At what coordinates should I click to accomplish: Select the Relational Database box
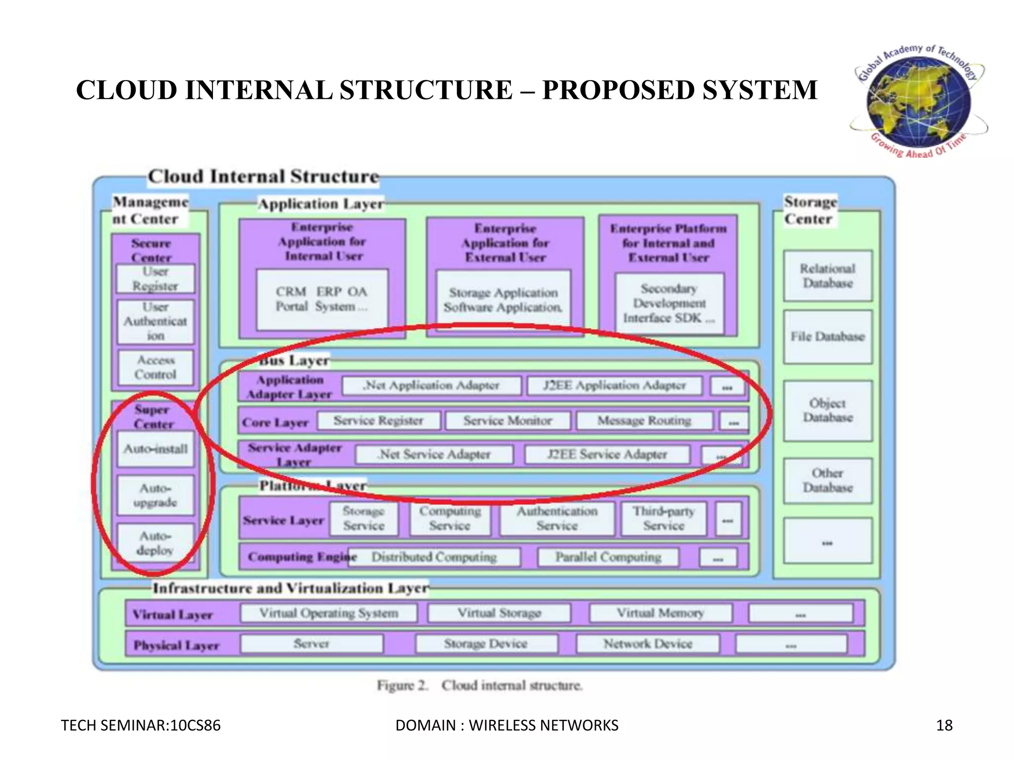pyautogui.click(x=827, y=276)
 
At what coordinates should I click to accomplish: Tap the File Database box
pyautogui.click(x=827, y=337)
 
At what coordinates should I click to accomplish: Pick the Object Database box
pyautogui.click(x=827, y=411)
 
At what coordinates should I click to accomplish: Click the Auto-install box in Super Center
pyautogui.click(x=155, y=449)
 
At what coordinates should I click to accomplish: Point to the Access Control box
pyautogui.click(x=155, y=367)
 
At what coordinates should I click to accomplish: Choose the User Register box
pyautogui.click(x=155, y=279)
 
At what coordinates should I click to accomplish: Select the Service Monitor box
pyautogui.click(x=507, y=421)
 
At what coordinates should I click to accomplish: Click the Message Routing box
pyautogui.click(x=644, y=421)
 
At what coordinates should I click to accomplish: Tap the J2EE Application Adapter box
pyautogui.click(x=614, y=385)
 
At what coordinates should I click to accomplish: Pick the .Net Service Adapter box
pyautogui.click(x=434, y=454)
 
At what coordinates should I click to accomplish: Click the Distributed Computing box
pyautogui.click(x=434, y=557)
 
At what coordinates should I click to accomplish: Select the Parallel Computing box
pyautogui.click(x=608, y=557)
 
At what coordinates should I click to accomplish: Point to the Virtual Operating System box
pyautogui.click(x=329, y=614)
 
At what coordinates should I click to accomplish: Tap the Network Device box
pyautogui.click(x=648, y=644)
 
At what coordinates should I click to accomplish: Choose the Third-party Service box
pyautogui.click(x=663, y=519)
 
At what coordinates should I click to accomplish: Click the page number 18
pyautogui.click(x=944, y=725)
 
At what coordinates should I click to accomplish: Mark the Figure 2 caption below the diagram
pyautogui.click(x=479, y=686)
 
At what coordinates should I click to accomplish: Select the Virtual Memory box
pyautogui.click(x=660, y=614)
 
